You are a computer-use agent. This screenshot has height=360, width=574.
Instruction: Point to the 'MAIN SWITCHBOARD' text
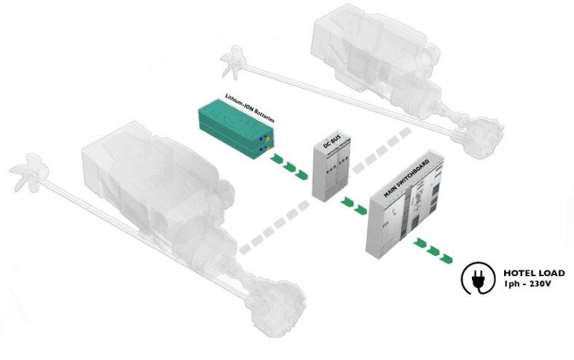(x=405, y=179)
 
